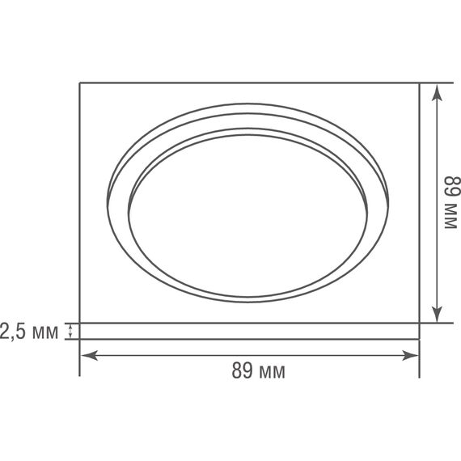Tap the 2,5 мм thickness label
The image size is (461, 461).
[x=29, y=331]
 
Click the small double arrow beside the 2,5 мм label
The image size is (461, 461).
[x=70, y=331]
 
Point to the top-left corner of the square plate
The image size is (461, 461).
[x=79, y=82]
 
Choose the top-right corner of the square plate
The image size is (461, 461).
[x=420, y=82]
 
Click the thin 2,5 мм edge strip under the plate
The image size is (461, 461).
[x=249, y=331]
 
